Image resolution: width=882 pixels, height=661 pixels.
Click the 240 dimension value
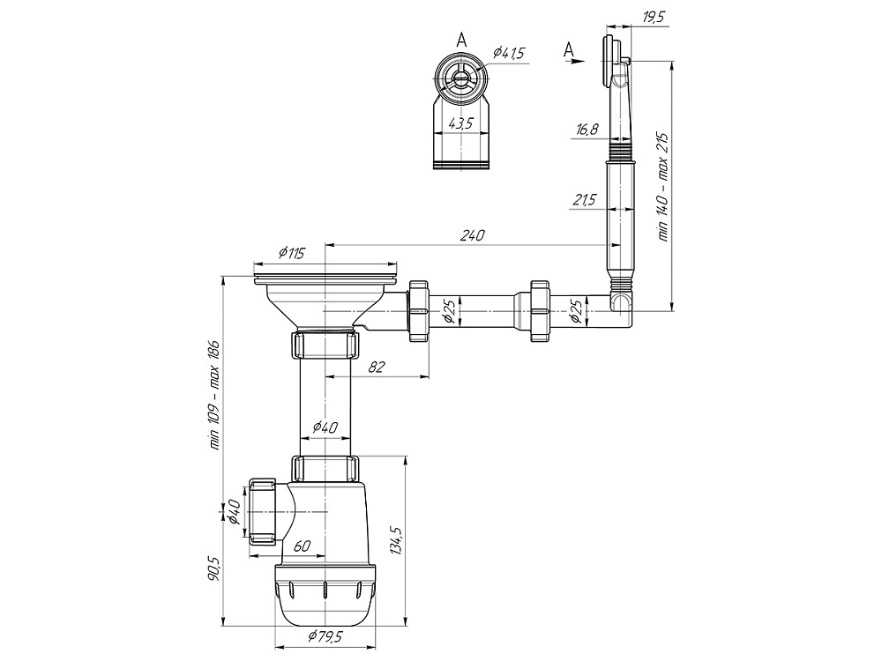tap(472, 235)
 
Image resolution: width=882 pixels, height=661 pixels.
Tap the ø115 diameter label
tap(291, 253)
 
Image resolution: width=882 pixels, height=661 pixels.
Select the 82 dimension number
tap(377, 367)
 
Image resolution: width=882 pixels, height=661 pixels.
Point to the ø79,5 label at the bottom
tap(325, 636)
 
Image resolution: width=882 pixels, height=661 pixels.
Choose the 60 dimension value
tap(302, 546)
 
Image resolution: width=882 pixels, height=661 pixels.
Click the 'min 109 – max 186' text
tap(214, 395)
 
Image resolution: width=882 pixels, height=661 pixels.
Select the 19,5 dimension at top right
tap(653, 17)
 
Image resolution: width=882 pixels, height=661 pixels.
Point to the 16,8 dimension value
tap(587, 130)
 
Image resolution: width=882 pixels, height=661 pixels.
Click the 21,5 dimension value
tap(586, 200)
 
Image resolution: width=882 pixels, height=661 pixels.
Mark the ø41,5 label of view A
tap(509, 53)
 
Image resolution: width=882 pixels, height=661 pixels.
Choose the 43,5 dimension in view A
tap(460, 123)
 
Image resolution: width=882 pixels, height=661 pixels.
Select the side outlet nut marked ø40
tap(261, 511)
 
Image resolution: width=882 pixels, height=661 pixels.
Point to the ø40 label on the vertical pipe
tap(325, 427)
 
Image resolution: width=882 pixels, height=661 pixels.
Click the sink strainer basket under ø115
tap(325, 301)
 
